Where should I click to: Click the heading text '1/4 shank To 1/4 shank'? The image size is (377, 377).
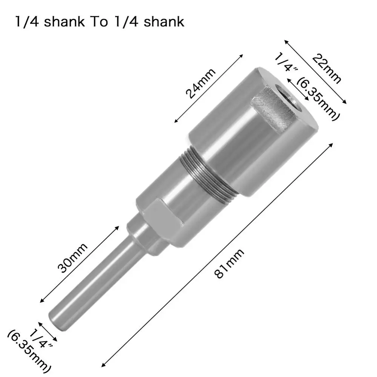pos(100,22)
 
